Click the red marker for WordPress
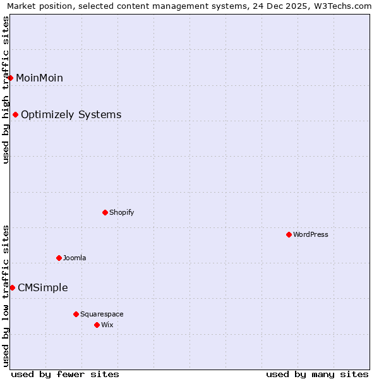coord(289,234)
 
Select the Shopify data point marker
coord(105,212)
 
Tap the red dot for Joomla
coord(59,258)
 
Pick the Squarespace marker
coord(76,314)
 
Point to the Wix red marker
coord(97,325)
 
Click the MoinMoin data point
coord(11,78)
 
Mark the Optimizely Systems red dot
coord(15,114)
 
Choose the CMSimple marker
coord(12,287)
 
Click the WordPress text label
coord(311,234)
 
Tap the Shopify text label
coord(121,212)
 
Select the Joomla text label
coord(75,258)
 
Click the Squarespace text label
coord(102,314)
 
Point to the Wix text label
coord(107,325)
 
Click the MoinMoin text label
coord(39,78)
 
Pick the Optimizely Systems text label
coord(71,114)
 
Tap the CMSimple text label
coord(42,287)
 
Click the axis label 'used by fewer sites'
coord(65,374)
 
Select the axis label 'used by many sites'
coord(317,374)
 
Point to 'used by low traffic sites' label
coord(6,296)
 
